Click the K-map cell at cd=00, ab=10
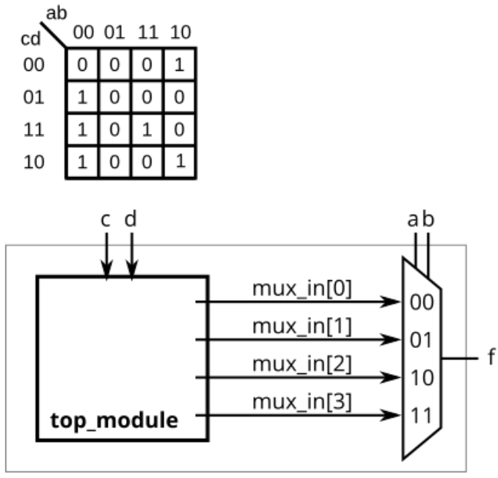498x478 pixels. [179, 65]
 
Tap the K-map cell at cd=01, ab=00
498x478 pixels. [82, 98]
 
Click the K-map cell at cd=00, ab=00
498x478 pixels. [82, 65]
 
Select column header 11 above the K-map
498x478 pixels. [146, 33]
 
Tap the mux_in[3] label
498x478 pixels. [301, 403]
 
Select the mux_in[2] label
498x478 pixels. [301, 365]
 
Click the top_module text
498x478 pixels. [115, 421]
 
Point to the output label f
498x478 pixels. [490, 359]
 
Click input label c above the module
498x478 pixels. [108, 219]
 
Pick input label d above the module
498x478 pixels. [131, 219]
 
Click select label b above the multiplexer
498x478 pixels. [429, 219]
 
